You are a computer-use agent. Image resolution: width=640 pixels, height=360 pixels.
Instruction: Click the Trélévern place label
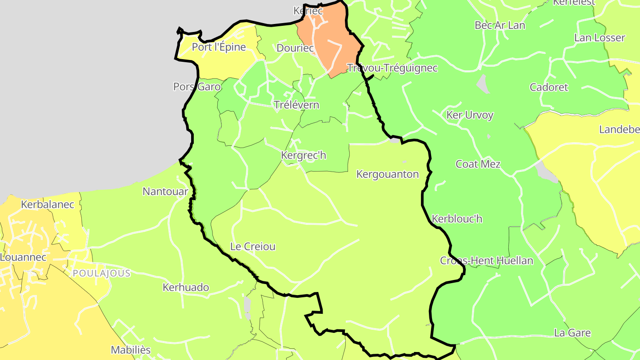click(x=296, y=105)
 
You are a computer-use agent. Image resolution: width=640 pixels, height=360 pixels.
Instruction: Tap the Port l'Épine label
click(x=219, y=47)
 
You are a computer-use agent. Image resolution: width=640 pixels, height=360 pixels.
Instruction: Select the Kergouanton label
click(x=388, y=174)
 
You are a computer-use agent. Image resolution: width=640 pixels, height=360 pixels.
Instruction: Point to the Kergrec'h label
click(x=304, y=155)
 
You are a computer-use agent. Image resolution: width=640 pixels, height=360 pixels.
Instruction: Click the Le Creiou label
click(x=253, y=246)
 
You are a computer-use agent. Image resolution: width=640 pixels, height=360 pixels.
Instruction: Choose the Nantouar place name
click(x=165, y=192)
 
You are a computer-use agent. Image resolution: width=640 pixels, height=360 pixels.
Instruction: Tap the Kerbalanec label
click(x=48, y=204)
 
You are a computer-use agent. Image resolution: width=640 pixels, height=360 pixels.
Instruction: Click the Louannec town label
click(x=23, y=257)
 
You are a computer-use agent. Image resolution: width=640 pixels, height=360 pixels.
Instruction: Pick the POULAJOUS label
click(x=102, y=273)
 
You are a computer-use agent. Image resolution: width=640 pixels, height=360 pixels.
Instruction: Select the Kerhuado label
click(x=186, y=287)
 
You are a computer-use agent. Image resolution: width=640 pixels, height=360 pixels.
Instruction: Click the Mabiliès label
click(x=131, y=350)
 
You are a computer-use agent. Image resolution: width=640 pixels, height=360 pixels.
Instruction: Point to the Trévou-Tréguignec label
click(x=392, y=68)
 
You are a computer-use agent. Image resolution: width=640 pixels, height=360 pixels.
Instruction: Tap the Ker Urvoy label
click(x=470, y=115)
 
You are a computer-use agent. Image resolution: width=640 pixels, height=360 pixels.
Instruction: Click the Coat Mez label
click(x=478, y=164)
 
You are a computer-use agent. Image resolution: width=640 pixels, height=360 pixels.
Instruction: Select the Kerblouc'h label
click(x=457, y=219)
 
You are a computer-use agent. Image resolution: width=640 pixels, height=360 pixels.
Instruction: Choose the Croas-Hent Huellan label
click(x=486, y=260)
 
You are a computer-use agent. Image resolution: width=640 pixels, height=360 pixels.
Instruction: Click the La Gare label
click(x=572, y=332)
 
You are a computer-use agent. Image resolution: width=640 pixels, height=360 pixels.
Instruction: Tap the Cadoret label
click(x=549, y=87)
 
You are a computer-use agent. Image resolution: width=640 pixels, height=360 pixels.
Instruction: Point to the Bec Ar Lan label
click(x=500, y=25)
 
